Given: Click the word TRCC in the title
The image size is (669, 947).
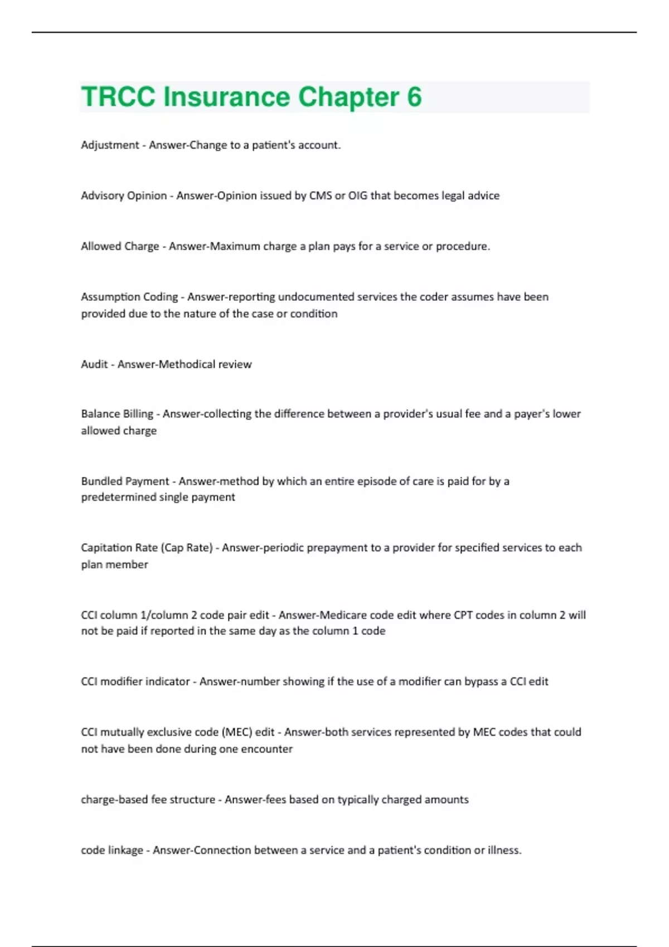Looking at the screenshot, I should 118,97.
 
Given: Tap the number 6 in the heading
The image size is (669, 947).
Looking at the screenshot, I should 414,97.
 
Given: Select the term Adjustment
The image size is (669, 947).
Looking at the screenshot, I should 110,145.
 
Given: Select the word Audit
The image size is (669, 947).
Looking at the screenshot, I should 94,364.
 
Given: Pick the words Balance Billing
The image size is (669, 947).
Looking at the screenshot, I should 117,414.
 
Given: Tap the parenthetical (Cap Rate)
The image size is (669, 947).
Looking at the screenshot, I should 187,548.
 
